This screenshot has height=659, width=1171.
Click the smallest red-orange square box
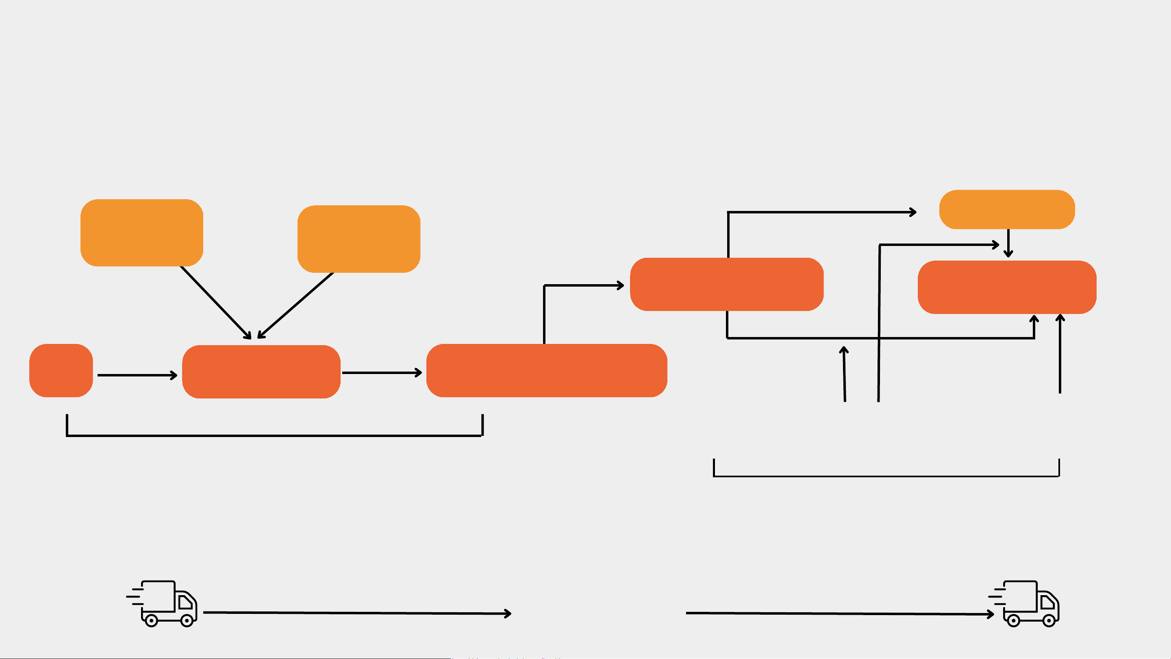61,370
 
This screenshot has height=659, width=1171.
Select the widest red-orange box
546,370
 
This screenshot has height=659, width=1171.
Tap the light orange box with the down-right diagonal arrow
141,233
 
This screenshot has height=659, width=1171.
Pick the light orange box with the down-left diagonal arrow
358,239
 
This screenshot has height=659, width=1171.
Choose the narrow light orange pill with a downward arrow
1006,209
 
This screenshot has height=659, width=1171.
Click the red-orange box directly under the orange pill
1006,287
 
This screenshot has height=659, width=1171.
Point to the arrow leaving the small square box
137,375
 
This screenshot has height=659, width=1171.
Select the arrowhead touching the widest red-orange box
418,373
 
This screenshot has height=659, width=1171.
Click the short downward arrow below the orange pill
1008,244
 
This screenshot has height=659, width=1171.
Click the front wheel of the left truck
187,620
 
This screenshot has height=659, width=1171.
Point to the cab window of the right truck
1047,602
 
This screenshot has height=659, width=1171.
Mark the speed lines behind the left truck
135,596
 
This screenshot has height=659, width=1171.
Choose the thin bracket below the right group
886,476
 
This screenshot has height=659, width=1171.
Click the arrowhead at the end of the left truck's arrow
508,613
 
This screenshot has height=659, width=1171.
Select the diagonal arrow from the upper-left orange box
215,302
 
